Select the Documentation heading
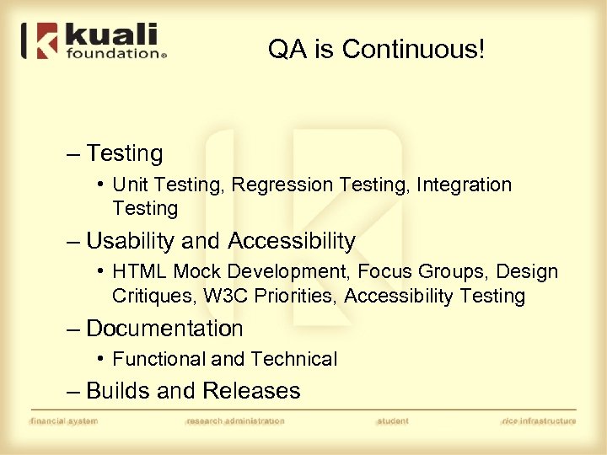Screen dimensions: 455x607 pyautogui.click(x=164, y=329)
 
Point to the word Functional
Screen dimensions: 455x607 pyautogui.click(x=158, y=360)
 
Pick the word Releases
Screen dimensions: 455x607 pyautogui.click(x=250, y=391)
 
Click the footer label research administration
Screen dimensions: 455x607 pyautogui.click(x=235, y=420)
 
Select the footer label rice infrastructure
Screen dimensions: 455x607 pyautogui.click(x=539, y=420)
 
